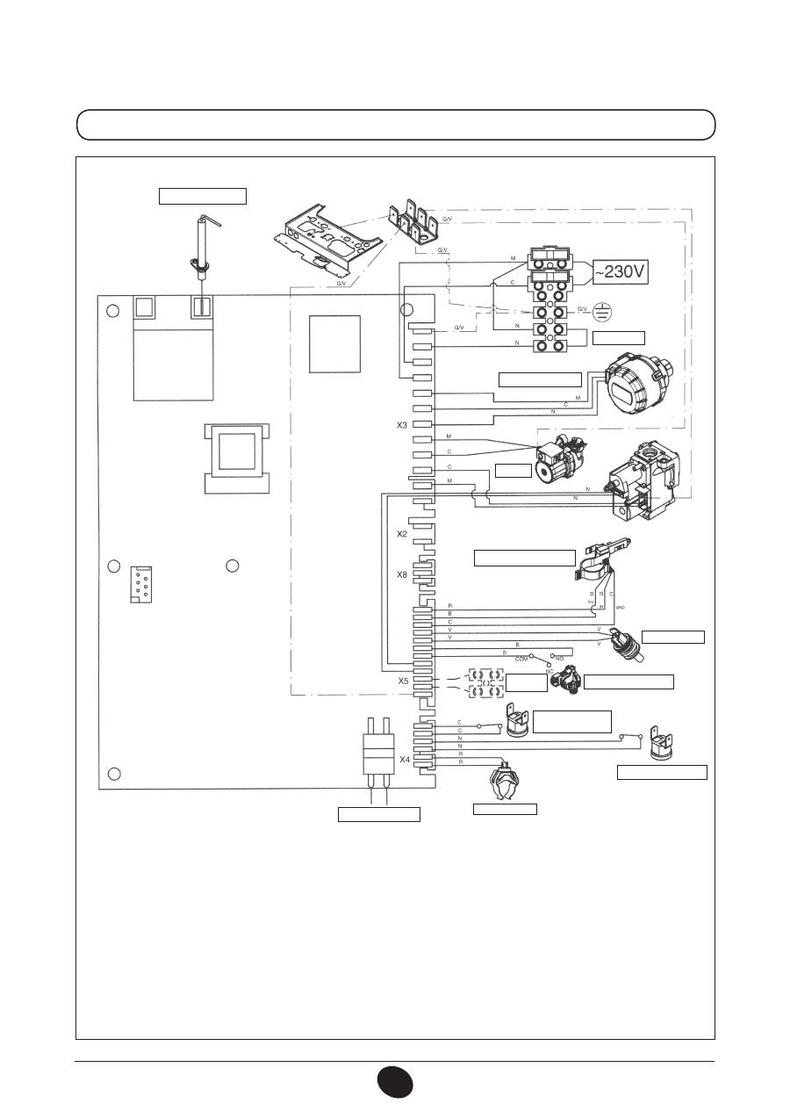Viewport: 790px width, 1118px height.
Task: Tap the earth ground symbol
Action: tap(601, 310)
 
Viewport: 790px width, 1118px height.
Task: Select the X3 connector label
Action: tap(402, 425)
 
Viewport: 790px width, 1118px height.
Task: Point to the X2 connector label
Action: tap(402, 533)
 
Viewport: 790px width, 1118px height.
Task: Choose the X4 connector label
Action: tap(404, 760)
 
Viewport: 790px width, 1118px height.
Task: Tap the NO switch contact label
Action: tap(559, 658)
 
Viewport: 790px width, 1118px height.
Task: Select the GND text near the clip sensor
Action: tap(620, 607)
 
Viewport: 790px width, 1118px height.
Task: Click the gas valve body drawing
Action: tap(649, 486)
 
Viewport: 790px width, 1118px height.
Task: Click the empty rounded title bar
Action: tap(396, 125)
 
